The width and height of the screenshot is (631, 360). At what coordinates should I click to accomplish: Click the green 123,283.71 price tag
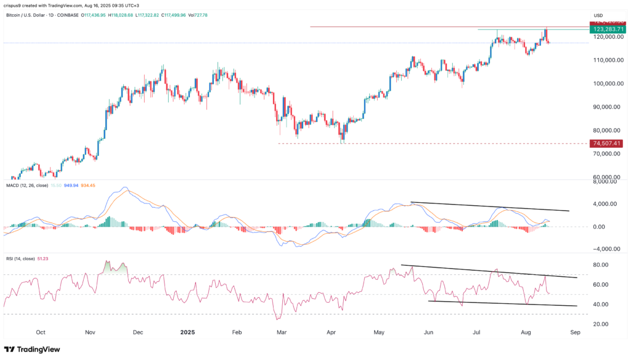click(606, 29)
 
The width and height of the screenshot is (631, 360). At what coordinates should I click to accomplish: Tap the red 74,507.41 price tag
click(606, 143)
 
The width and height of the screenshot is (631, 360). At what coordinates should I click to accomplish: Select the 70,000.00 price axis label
click(606, 154)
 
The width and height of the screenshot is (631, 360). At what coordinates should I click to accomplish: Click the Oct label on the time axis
click(41, 332)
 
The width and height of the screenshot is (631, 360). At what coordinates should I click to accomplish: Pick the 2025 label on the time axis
click(187, 332)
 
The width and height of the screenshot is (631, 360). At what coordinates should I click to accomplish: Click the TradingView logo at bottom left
click(32, 349)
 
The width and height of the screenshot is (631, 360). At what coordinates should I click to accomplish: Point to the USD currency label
click(597, 15)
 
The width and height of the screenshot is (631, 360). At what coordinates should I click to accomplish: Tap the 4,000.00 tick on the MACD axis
click(606, 204)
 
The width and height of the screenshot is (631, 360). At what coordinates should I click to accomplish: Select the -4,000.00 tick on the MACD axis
click(604, 249)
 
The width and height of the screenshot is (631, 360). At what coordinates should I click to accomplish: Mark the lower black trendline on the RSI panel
click(502, 303)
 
